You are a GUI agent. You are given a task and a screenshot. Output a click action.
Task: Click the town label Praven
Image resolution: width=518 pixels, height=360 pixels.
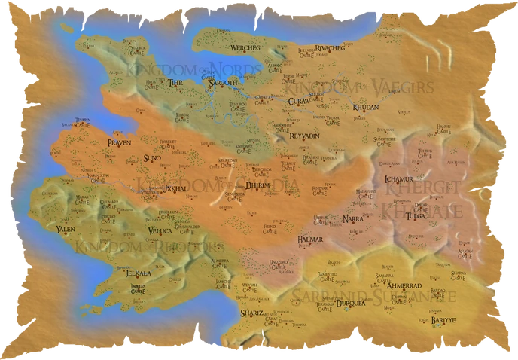click(x=119, y=142)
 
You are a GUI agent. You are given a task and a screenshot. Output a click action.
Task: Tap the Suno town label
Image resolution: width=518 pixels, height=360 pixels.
click(x=151, y=159)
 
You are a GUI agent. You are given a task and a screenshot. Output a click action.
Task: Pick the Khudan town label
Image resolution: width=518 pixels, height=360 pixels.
click(x=364, y=108)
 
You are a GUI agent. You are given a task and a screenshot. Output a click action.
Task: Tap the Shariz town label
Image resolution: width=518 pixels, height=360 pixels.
click(x=251, y=312)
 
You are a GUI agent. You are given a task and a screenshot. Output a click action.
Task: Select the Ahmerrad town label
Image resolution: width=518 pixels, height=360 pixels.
click(x=404, y=287)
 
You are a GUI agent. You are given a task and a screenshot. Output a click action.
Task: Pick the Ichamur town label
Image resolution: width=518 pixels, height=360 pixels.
click(x=396, y=180)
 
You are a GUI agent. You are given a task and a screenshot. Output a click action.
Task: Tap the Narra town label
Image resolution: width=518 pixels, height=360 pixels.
click(x=352, y=218)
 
